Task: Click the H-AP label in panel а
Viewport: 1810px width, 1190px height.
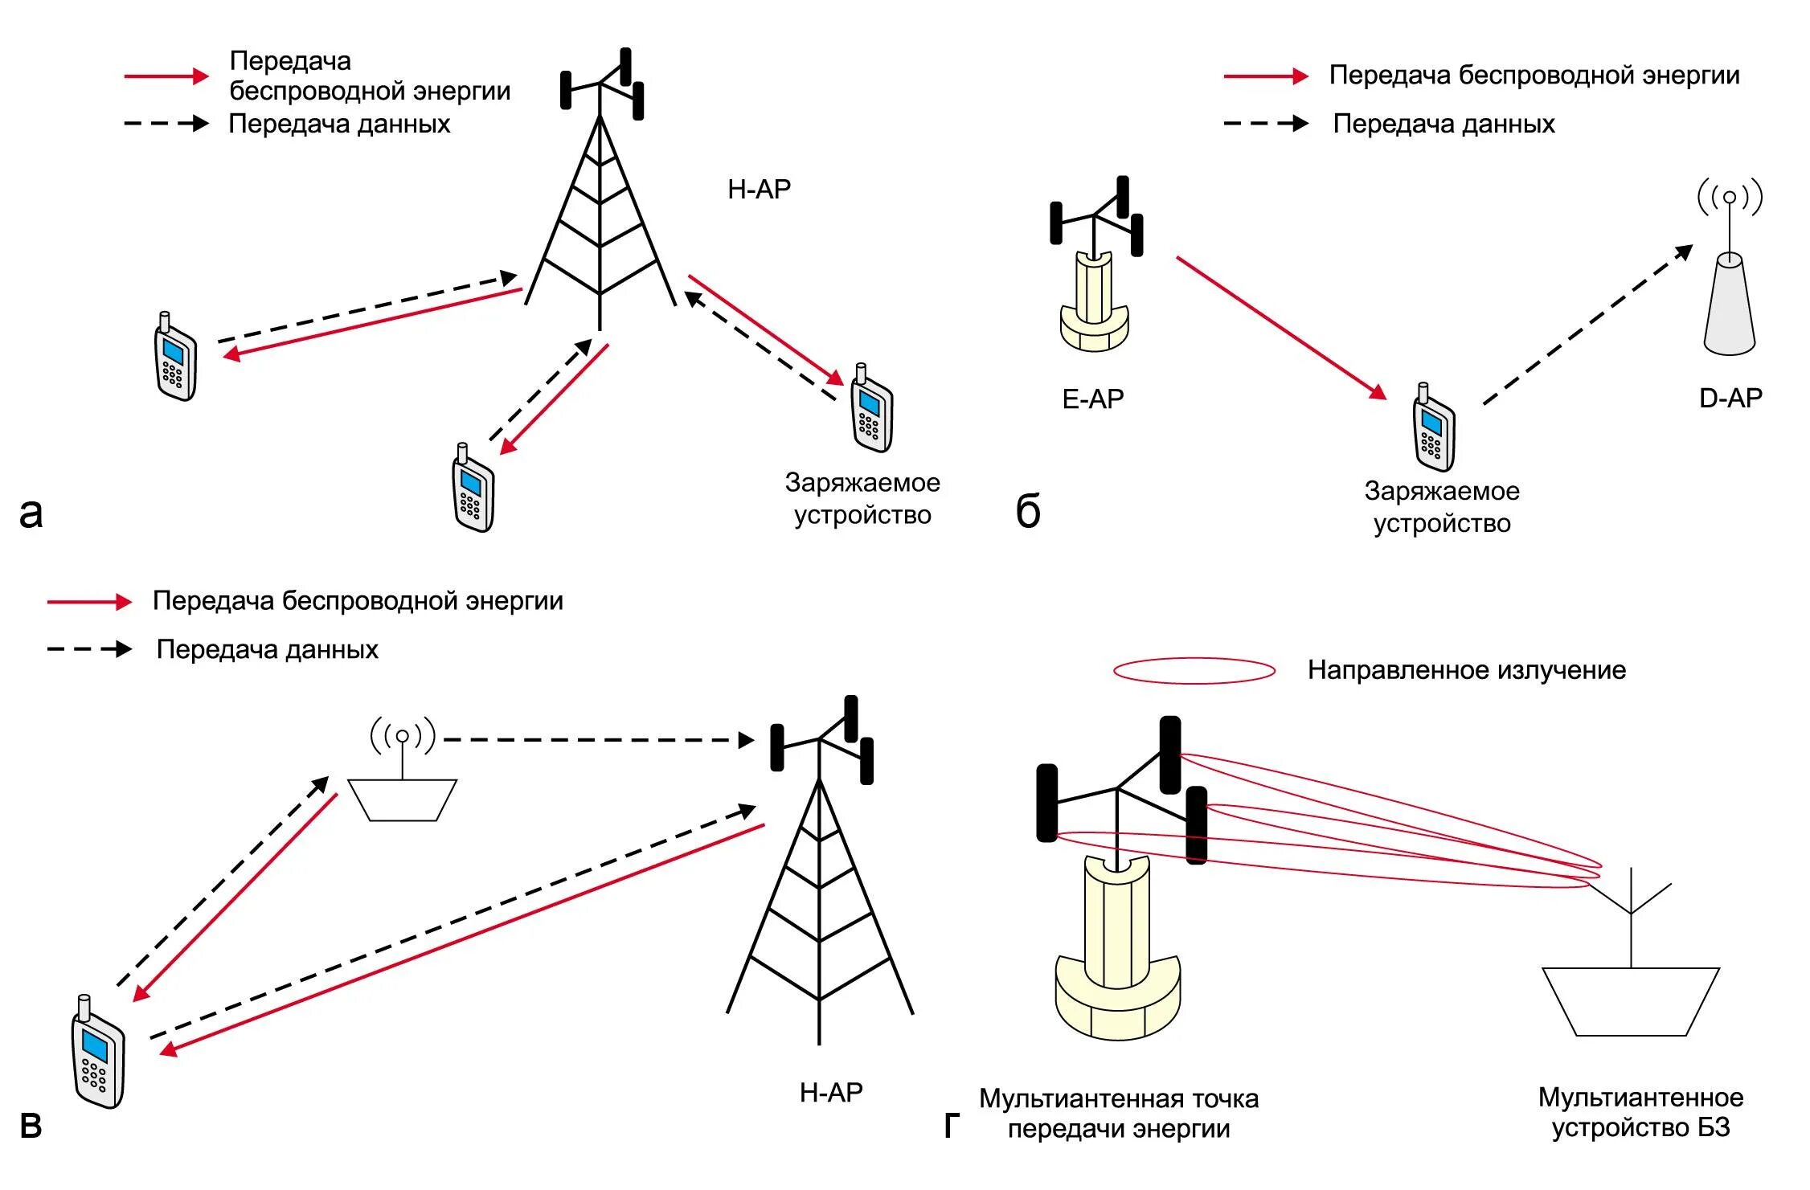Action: (759, 189)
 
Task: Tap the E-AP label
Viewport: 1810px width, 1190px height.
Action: (1092, 399)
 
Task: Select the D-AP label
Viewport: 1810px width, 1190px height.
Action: (1730, 398)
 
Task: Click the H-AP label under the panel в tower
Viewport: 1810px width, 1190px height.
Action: (830, 1092)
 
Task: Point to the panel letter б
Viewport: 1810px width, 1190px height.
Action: (1028, 512)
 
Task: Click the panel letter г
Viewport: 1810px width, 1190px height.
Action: (952, 1126)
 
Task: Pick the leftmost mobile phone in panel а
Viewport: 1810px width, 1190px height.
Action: (174, 358)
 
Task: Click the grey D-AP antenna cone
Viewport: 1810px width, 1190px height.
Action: (1729, 305)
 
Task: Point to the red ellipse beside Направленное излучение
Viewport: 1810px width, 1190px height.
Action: (1194, 671)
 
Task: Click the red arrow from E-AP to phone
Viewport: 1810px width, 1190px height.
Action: (1281, 327)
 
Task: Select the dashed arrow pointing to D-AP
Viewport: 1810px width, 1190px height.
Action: (1587, 325)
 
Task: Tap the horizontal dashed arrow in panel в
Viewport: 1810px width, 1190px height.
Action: (598, 740)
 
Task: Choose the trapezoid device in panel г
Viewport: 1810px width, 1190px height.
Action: (1630, 1000)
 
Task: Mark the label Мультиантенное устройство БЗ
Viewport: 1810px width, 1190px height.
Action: (1640, 1113)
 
